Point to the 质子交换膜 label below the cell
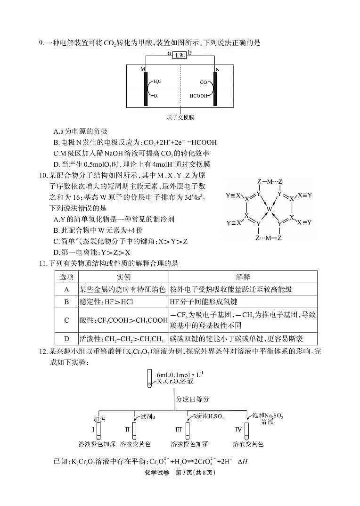(180, 117)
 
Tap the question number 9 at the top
(41, 43)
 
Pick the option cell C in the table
(66, 320)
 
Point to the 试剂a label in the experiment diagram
(148, 416)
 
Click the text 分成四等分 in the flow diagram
(193, 399)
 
